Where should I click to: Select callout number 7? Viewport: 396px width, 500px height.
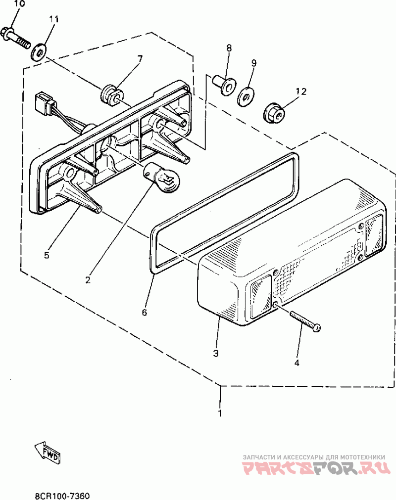[x=140, y=59]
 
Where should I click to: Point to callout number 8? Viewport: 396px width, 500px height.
[x=229, y=48]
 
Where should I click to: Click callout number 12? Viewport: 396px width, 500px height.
[x=301, y=91]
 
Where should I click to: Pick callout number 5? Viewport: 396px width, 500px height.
[x=47, y=255]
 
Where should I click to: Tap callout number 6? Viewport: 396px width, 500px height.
[x=145, y=313]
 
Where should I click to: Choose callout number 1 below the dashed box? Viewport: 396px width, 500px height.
[x=220, y=412]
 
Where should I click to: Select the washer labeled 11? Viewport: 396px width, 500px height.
[x=39, y=51]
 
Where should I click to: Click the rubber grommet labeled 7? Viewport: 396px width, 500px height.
[x=110, y=93]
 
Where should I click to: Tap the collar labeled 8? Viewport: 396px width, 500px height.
[x=225, y=85]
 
